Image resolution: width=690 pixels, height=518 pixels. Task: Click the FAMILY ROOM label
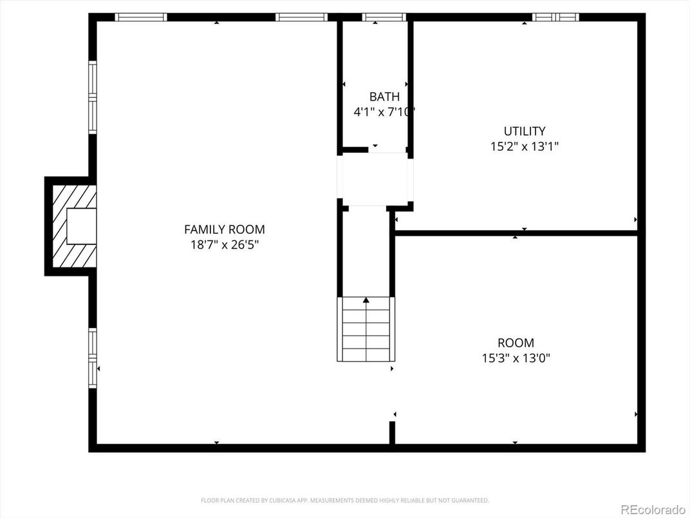coord(224,229)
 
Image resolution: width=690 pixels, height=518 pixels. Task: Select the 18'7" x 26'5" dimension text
coord(224,245)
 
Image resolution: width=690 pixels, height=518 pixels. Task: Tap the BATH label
coord(384,97)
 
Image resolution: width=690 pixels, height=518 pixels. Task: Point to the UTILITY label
coord(524,131)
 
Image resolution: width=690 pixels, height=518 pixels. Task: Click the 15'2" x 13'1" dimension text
coord(524,146)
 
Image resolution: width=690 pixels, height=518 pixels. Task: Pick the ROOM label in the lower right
coord(516,343)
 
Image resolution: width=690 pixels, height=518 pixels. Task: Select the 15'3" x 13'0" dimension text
coord(516,358)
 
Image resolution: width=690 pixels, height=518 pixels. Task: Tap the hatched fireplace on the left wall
coord(71,226)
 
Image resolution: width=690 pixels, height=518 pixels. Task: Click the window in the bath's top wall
coord(384,17)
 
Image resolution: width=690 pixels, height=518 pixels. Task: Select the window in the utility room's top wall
coord(555,17)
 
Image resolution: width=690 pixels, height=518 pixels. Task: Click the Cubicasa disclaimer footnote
coord(344,500)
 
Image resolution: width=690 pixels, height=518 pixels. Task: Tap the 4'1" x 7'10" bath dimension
coord(384,111)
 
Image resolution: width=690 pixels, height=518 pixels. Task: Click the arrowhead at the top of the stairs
coord(366,300)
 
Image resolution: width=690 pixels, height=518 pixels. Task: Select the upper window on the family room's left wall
coord(93,97)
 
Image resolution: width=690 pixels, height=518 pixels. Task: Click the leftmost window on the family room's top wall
coord(141,17)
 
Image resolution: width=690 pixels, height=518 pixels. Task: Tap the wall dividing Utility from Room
coord(515,233)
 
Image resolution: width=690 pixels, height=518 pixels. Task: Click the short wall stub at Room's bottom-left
coord(391,432)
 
